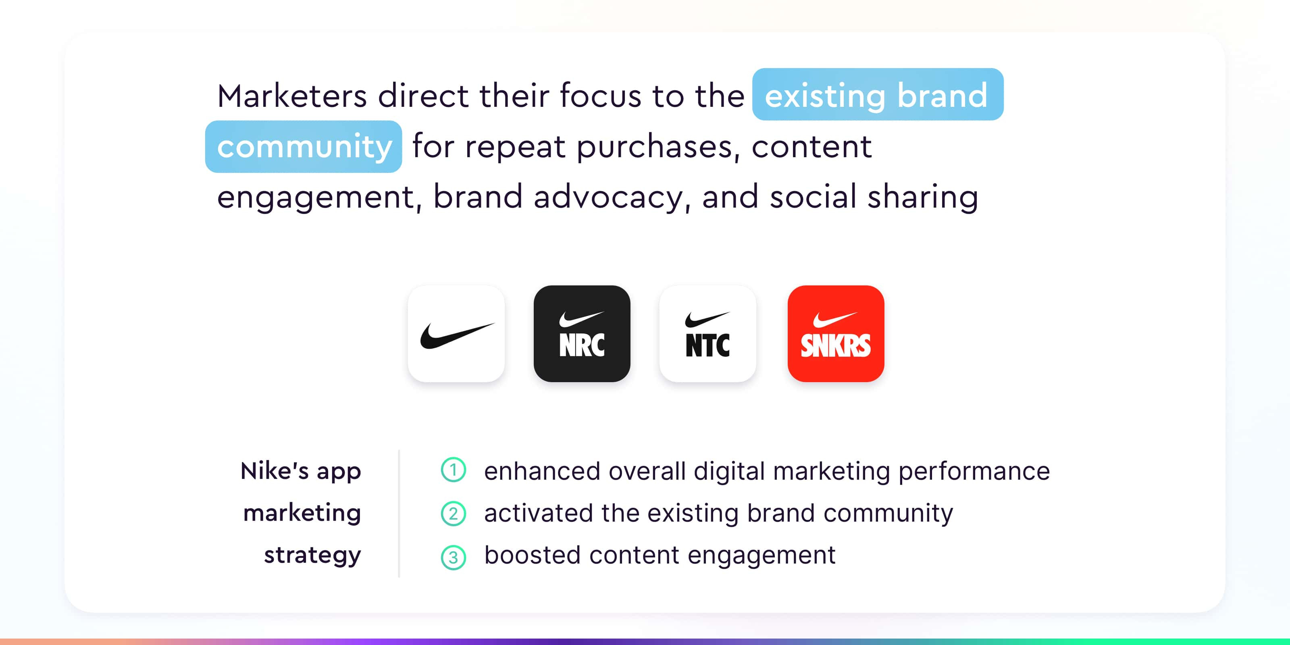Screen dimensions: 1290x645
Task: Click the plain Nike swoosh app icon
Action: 456,333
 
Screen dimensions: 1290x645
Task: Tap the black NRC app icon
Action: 582,333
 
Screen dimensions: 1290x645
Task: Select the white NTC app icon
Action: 707,333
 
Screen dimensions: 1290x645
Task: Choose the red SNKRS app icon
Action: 836,333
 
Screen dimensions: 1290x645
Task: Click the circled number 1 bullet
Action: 453,470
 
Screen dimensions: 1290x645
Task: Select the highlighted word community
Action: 304,147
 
